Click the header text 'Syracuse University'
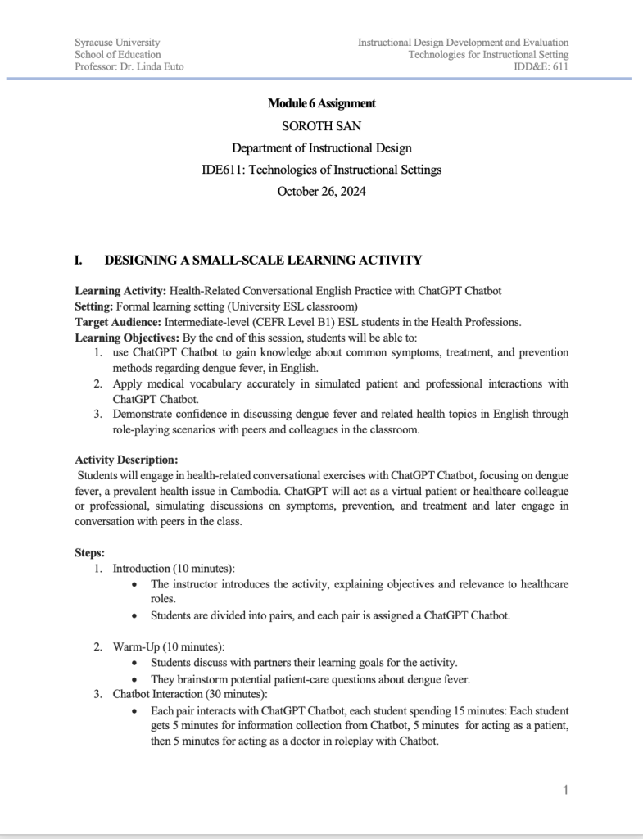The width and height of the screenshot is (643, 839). click(117, 42)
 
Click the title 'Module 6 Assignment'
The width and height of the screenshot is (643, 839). click(321, 103)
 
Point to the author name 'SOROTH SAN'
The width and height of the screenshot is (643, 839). click(321, 126)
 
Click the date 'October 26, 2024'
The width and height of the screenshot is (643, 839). click(321, 192)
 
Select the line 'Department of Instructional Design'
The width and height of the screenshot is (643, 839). click(321, 148)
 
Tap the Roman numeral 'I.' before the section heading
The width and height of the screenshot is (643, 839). click(79, 261)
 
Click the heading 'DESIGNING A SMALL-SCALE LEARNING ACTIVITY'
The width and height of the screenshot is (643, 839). click(263, 261)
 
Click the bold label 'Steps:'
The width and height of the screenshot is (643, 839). click(90, 553)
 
